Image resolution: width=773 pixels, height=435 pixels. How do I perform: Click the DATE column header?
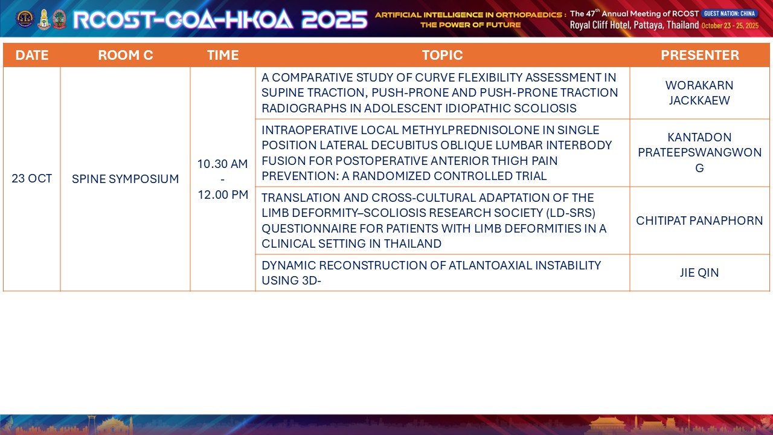click(32, 55)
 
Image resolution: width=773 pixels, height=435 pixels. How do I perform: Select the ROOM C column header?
click(125, 55)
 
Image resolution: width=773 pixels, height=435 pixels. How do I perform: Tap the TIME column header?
click(223, 55)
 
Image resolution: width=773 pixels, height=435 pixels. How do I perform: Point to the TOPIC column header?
click(443, 55)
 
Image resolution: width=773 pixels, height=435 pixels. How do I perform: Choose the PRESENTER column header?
click(700, 55)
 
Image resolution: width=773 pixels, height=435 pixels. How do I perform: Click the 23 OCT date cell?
click(32, 178)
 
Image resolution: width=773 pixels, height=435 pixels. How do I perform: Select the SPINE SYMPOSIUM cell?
click(125, 179)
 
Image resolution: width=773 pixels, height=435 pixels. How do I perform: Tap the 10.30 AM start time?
click(223, 164)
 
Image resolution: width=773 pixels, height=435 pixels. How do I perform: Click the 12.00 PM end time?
click(223, 195)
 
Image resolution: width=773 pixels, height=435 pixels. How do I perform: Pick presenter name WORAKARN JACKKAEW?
click(699, 93)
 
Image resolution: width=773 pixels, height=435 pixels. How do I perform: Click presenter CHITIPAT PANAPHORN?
click(699, 221)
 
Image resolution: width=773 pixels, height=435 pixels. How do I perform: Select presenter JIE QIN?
click(699, 272)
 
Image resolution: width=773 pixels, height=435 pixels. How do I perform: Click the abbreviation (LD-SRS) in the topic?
click(571, 213)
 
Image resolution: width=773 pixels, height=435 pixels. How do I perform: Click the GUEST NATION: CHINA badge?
click(730, 13)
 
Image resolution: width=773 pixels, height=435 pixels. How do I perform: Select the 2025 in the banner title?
click(335, 19)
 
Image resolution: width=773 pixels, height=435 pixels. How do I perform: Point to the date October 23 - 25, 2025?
click(730, 25)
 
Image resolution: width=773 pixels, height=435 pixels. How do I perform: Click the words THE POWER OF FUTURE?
click(470, 25)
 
